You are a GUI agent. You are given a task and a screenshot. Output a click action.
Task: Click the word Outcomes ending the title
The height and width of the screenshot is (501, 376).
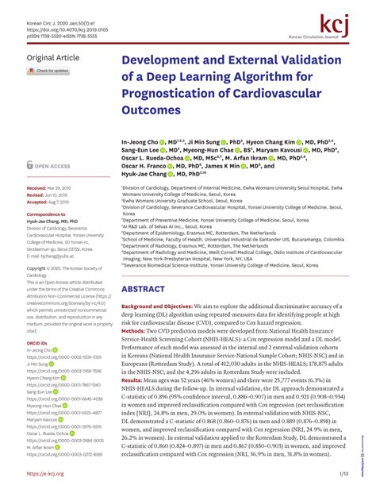[152, 110]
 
